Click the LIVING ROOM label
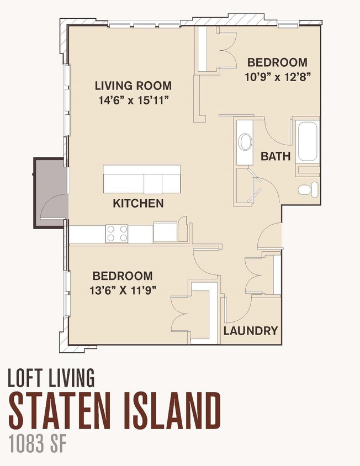pos(133,86)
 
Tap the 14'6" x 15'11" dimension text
pos(134,100)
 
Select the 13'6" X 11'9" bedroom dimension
pos(123,290)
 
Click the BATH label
pos(276,156)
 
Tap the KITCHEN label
pos(138,203)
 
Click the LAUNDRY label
pos(251,331)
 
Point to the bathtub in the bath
pos(308,141)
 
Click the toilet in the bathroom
pos(308,189)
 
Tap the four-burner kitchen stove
pos(117,234)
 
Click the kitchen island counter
pos(142,179)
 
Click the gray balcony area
pos(49,193)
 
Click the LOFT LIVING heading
pos(51,378)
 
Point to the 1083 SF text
pos(37,443)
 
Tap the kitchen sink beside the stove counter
pos(165,231)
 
